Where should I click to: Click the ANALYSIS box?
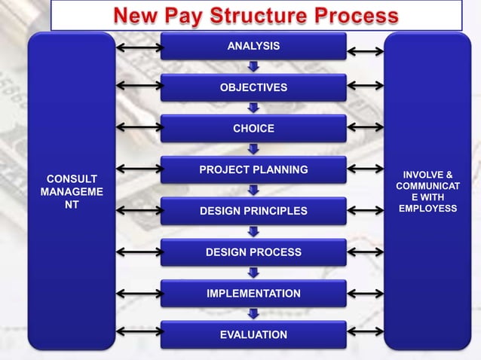[253, 46]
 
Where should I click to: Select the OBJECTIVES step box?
[253, 87]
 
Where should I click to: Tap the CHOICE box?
[253, 129]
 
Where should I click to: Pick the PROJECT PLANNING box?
[253, 170]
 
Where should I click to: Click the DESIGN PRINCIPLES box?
[253, 211]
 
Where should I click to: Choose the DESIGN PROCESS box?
[253, 252]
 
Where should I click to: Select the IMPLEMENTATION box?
[253, 293]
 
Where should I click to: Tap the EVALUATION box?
[253, 334]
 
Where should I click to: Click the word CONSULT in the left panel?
[72, 179]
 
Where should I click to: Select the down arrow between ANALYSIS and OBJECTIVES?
[254, 66]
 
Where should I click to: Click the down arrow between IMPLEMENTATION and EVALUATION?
[254, 313]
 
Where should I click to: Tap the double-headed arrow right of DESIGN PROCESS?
[366, 252]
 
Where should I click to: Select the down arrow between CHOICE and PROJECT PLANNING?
[254, 149]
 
